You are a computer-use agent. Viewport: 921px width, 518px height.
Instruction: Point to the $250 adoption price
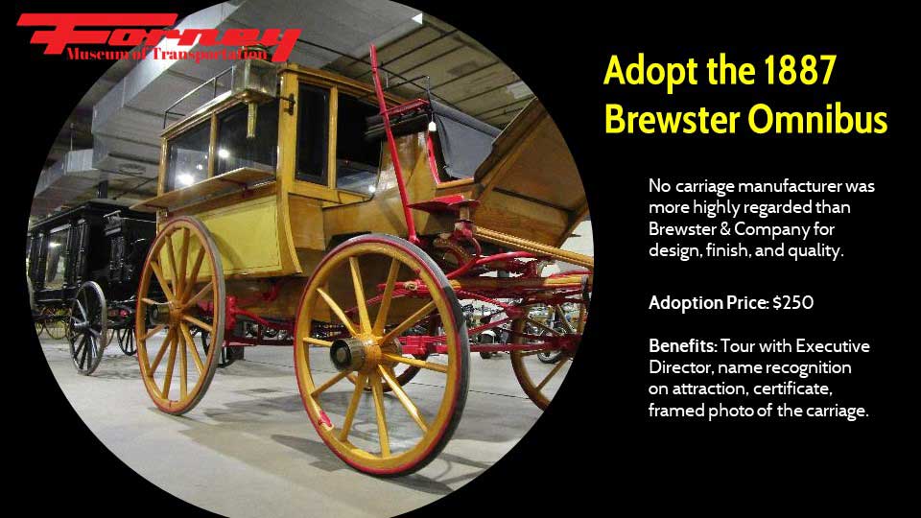point(793,303)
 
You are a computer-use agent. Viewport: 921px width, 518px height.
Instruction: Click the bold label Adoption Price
point(708,303)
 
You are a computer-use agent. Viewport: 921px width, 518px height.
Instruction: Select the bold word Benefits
point(682,346)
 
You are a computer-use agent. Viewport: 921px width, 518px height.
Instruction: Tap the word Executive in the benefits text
point(833,346)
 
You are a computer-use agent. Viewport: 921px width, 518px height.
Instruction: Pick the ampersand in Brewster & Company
point(725,229)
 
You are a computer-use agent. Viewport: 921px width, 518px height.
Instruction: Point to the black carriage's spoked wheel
point(87,327)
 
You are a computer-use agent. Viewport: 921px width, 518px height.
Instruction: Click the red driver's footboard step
point(444,205)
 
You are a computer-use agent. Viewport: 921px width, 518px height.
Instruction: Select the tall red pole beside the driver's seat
point(393,141)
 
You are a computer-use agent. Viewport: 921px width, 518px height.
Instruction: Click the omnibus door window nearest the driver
point(312,134)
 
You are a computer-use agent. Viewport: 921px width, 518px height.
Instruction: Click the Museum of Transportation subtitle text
point(166,55)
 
